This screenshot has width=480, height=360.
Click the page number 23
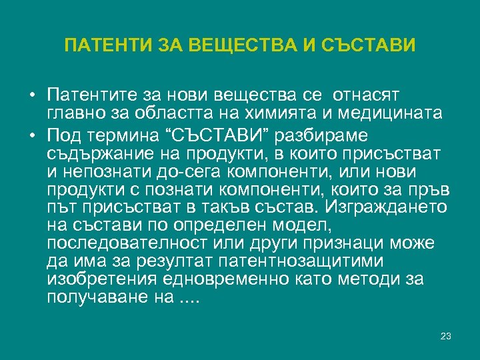point(446,336)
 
